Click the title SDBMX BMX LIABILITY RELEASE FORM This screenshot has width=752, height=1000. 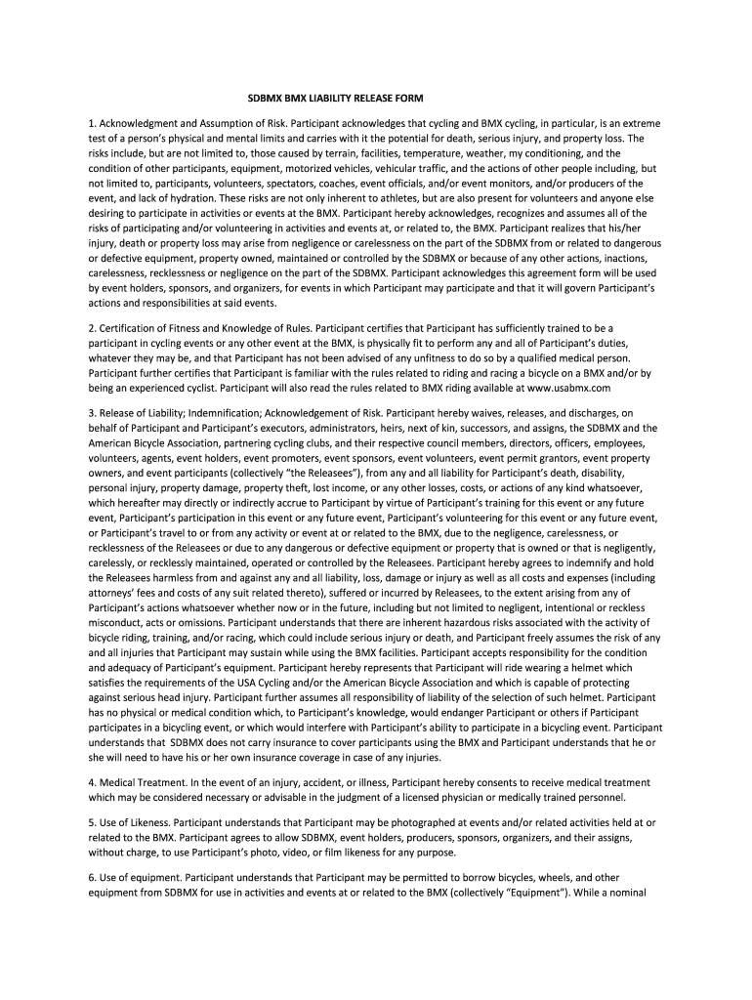[x=334, y=99]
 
